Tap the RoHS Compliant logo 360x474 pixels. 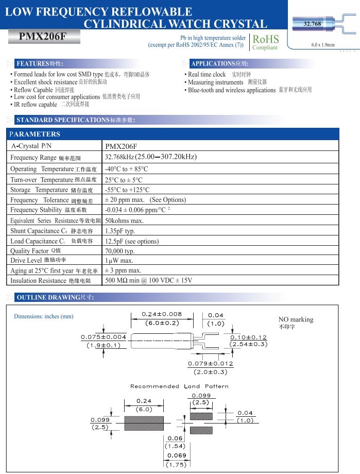pyautogui.click(x=265, y=42)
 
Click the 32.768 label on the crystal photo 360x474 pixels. pyautogui.click(x=312, y=24)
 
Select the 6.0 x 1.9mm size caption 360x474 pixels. pyautogui.click(x=323, y=45)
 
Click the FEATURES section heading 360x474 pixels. pyautogui.click(x=40, y=64)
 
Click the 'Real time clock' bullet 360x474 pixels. pyautogui.click(x=207, y=75)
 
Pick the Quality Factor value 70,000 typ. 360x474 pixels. pyautogui.click(x=119, y=251)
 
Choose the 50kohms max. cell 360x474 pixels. pyautogui.click(x=124, y=221)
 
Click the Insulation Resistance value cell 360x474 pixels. pyautogui.click(x=148, y=281)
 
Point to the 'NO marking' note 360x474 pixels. pyautogui.click(x=296, y=319)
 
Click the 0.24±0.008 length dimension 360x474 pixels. pyautogui.click(x=162, y=314)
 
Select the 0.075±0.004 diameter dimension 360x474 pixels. pyautogui.click(x=104, y=337)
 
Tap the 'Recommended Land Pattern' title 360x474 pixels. pyautogui.click(x=179, y=386)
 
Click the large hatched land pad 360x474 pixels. pyautogui.click(x=144, y=423)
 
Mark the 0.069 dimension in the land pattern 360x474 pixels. pyautogui.click(x=176, y=455)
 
